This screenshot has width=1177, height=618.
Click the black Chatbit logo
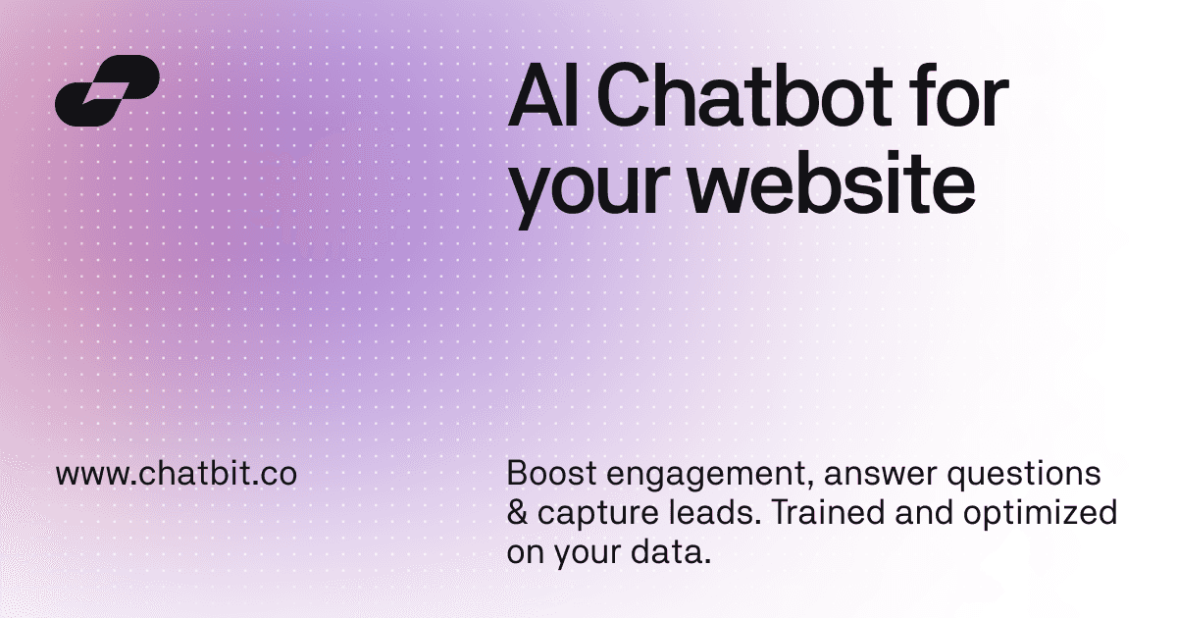point(107,91)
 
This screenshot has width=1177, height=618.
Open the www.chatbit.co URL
point(177,475)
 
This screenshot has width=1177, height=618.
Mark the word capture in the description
point(584,516)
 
